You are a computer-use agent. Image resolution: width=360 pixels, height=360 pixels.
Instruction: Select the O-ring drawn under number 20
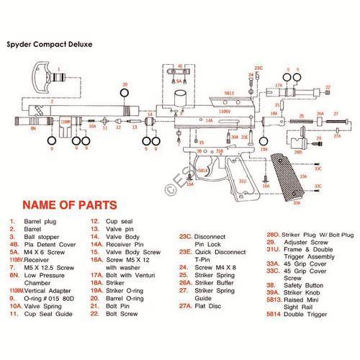coord(124,94)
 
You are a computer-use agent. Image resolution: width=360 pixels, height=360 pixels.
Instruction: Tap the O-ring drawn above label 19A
coord(264,140)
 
